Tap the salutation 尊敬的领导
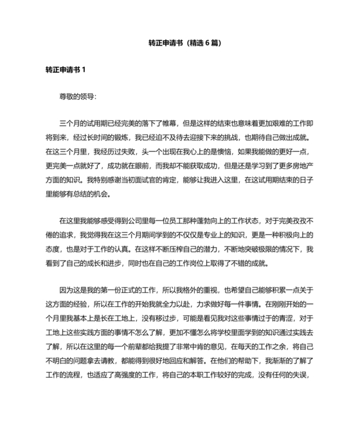78,97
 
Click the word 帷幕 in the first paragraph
173,122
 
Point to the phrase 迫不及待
157,137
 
